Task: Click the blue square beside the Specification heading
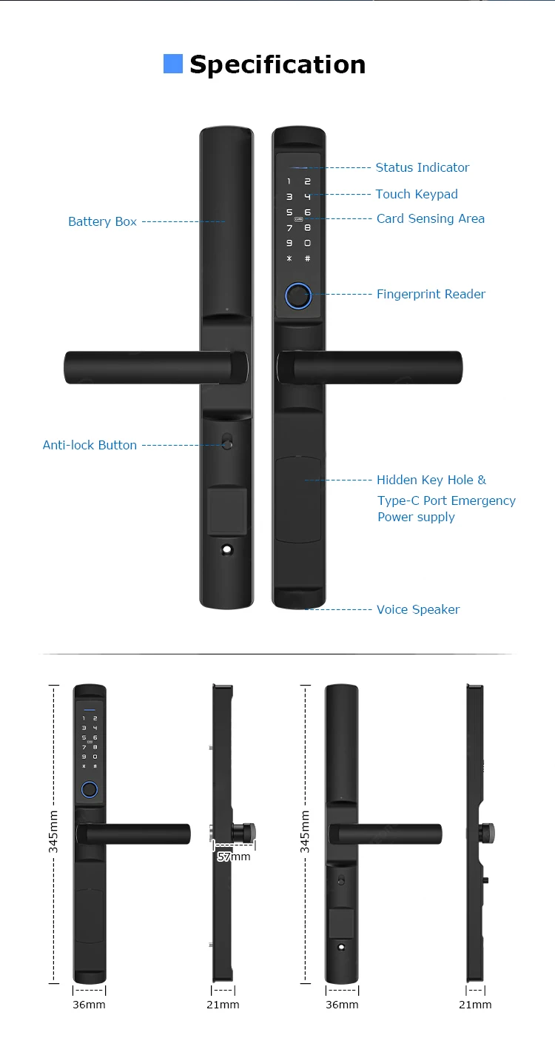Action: [x=172, y=64]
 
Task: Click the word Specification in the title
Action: [x=277, y=64]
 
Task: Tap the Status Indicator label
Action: [x=422, y=167]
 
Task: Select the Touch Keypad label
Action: [x=417, y=194]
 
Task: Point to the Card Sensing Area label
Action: [x=431, y=218]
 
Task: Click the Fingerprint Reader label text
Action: [x=431, y=294]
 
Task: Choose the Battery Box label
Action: [x=102, y=221]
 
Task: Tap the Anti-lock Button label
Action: [x=90, y=445]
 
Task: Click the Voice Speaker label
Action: [x=418, y=609]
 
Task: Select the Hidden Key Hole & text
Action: [x=431, y=480]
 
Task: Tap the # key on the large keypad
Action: [x=308, y=258]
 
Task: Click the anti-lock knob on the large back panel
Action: [x=226, y=444]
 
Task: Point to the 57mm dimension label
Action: [x=234, y=857]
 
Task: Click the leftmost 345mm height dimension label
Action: [x=54, y=831]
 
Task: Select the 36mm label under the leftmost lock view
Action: [x=89, y=1005]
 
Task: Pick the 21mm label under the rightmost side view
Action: [x=475, y=1005]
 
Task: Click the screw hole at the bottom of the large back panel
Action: [x=226, y=552]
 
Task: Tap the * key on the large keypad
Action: [x=289, y=258]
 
